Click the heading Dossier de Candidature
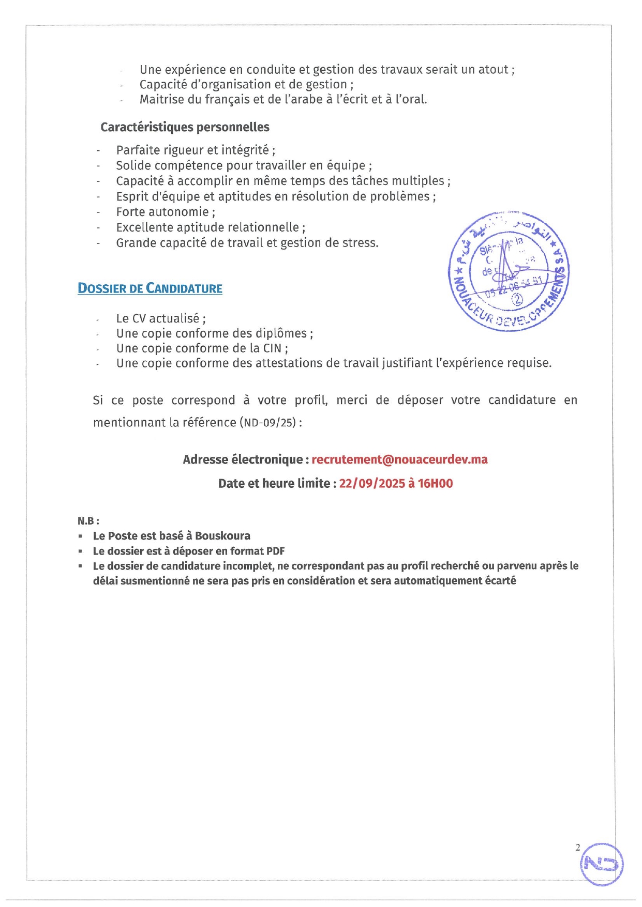[x=150, y=288]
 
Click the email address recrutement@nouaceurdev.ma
[x=399, y=459]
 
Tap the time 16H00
[x=435, y=484]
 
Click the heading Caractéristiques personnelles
[x=185, y=127]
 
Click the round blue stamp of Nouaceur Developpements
[x=509, y=272]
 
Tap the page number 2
[x=578, y=848]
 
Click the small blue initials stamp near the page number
[x=601, y=864]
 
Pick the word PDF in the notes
[x=275, y=551]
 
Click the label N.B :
[x=88, y=521]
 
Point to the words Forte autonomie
[x=162, y=212]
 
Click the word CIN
[x=272, y=348]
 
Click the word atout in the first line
[x=493, y=70]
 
